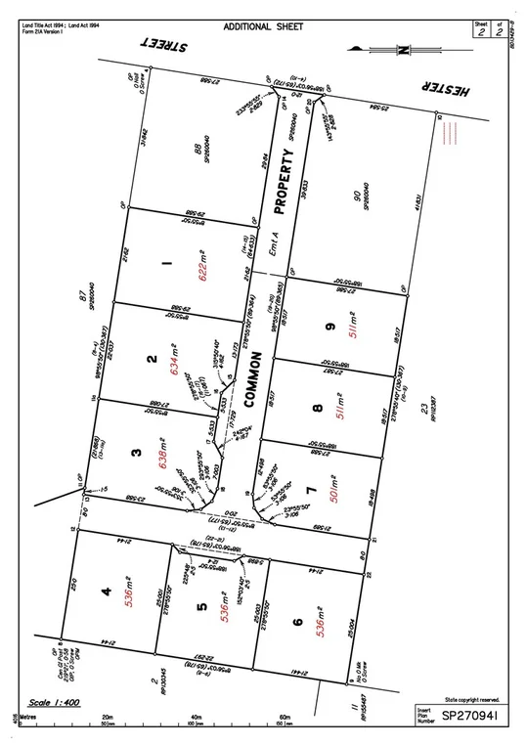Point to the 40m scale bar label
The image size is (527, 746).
pos(196,716)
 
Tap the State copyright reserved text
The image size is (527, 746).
pos(470,700)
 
